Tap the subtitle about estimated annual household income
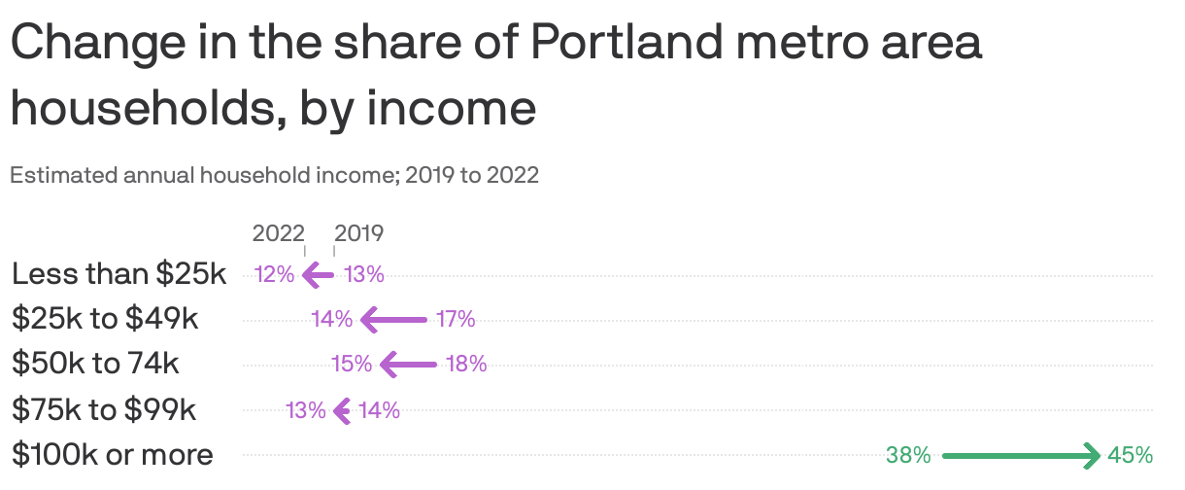pos(274,176)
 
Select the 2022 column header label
pos(278,233)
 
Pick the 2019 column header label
pos(359,233)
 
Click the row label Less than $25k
pos(118,274)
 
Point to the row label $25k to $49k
pos(106,319)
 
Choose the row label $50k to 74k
pos(95,364)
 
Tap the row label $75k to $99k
pos(104,409)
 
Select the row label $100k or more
pos(113,454)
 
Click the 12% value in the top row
pos(274,274)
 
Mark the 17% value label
pos(455,319)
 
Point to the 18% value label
pos(466,365)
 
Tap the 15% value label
pos(352,365)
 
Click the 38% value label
pos(908,454)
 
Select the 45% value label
pos(1130,454)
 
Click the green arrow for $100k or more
pos(1020,454)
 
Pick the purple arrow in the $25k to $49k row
pos(393,319)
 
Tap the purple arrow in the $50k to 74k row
pos(409,365)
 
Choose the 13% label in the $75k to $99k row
pos(306,410)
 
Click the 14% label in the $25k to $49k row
pos(331,319)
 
